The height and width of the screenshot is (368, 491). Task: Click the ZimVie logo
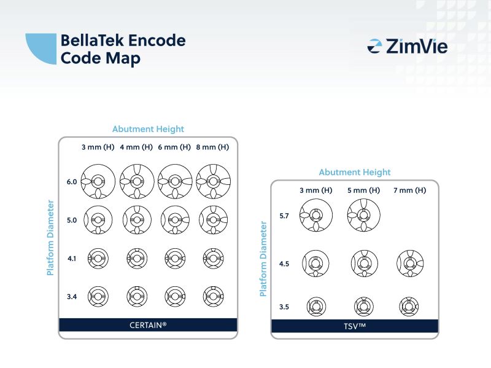407,46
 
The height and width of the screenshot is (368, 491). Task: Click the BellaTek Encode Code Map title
122,49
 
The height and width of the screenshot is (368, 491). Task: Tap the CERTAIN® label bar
147,324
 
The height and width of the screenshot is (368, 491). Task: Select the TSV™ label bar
355,326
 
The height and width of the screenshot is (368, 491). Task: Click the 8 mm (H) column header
213,147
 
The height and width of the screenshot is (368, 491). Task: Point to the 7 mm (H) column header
409,190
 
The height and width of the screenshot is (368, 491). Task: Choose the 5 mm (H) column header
363,190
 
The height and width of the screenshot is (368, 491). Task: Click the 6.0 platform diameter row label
72,182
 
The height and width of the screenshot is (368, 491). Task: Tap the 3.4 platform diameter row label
72,297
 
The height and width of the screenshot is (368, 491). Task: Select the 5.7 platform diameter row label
284,216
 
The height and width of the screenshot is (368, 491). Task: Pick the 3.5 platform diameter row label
284,305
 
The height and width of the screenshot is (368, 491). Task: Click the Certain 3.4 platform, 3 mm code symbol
98,297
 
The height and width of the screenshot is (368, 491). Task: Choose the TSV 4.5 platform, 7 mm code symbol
409,264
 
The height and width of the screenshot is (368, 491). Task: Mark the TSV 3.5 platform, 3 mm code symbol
316,305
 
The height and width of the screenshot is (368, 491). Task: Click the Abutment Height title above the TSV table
355,173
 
